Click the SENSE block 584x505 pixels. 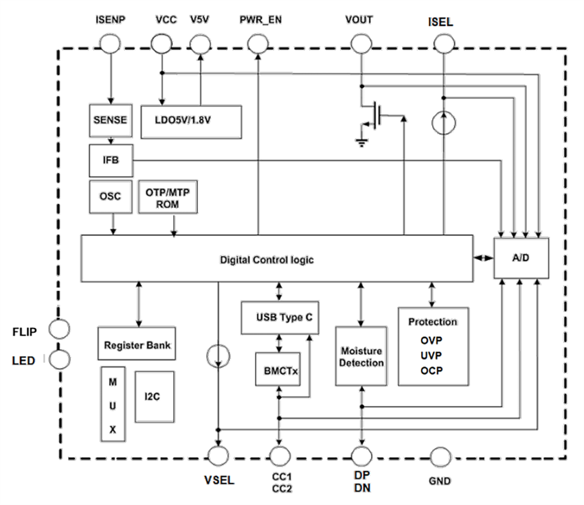coord(110,121)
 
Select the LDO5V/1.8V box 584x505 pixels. coord(191,121)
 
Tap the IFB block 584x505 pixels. coord(110,160)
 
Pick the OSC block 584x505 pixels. coord(110,196)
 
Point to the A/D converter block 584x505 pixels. coord(521,259)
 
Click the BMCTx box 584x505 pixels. coord(278,371)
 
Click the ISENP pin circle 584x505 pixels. coord(110,45)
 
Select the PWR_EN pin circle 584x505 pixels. coord(258,45)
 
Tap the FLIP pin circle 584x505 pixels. coord(60,330)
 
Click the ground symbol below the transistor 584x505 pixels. coord(359,142)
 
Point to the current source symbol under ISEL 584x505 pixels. coord(444,124)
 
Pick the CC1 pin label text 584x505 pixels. coord(279,476)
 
